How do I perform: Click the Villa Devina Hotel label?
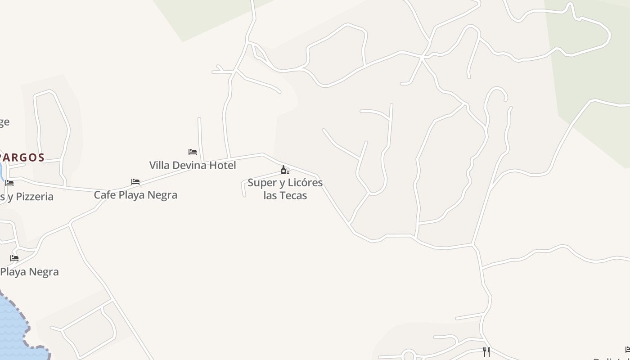tap(193, 165)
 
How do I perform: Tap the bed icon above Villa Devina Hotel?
tap(193, 152)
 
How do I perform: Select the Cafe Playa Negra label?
tap(135, 195)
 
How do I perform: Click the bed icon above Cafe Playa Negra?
tap(135, 182)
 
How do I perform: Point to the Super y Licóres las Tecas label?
tap(285, 189)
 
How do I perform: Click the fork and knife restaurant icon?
tap(486, 351)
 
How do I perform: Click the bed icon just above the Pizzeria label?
tap(9, 183)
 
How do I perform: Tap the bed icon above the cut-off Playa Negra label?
tap(14, 258)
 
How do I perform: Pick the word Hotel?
tap(222, 165)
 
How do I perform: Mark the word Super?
tap(261, 183)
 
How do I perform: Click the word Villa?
tap(159, 165)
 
